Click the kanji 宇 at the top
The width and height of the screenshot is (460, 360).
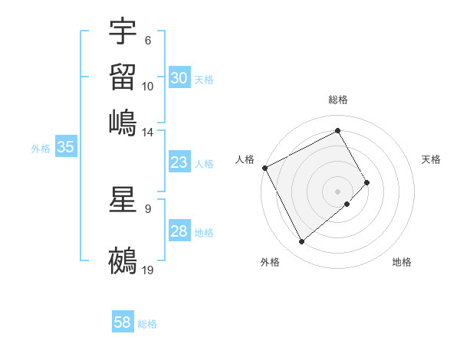123,32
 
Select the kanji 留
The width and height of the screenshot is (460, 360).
123,76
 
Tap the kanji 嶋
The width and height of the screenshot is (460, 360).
123,121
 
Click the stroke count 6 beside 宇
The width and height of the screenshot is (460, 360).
147,41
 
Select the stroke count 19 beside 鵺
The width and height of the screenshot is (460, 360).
148,269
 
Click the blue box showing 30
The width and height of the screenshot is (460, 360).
179,78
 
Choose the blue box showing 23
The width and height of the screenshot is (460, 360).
179,162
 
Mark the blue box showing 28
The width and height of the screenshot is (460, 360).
179,231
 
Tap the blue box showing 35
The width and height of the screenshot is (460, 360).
65,148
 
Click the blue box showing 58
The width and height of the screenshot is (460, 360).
123,322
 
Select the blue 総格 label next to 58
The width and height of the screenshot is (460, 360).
147,324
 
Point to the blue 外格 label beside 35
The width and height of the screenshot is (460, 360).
40,149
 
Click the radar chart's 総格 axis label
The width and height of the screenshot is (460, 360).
338,100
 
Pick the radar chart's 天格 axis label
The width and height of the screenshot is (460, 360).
431,159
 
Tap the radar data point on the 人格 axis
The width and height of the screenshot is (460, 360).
264,168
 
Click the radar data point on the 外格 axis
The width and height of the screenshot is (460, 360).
301,242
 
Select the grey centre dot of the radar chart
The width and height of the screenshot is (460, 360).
338,191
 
